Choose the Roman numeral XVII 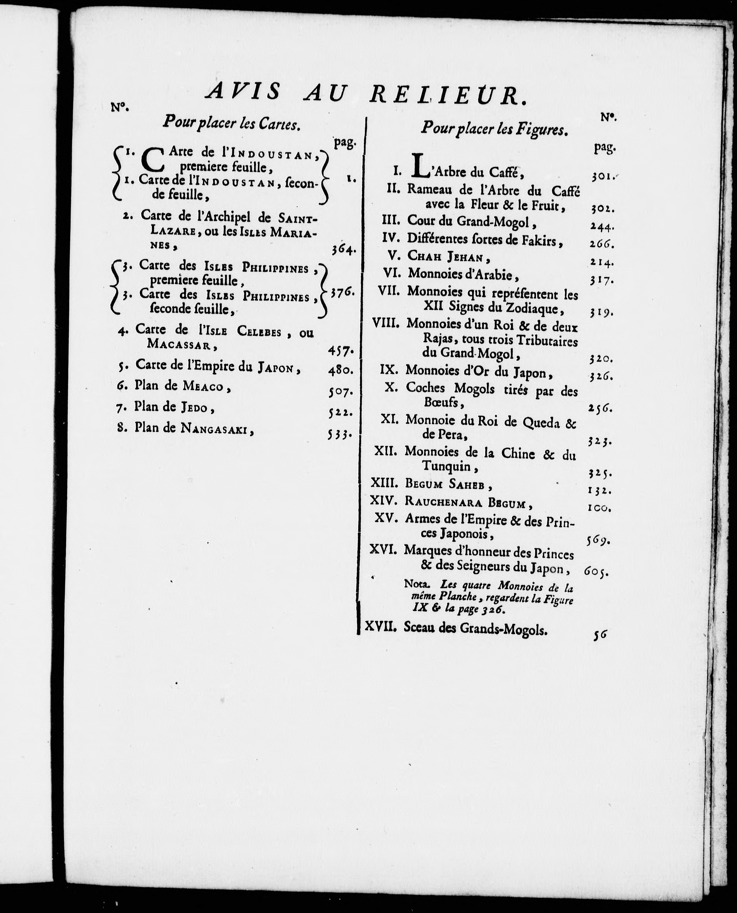coord(381,627)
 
